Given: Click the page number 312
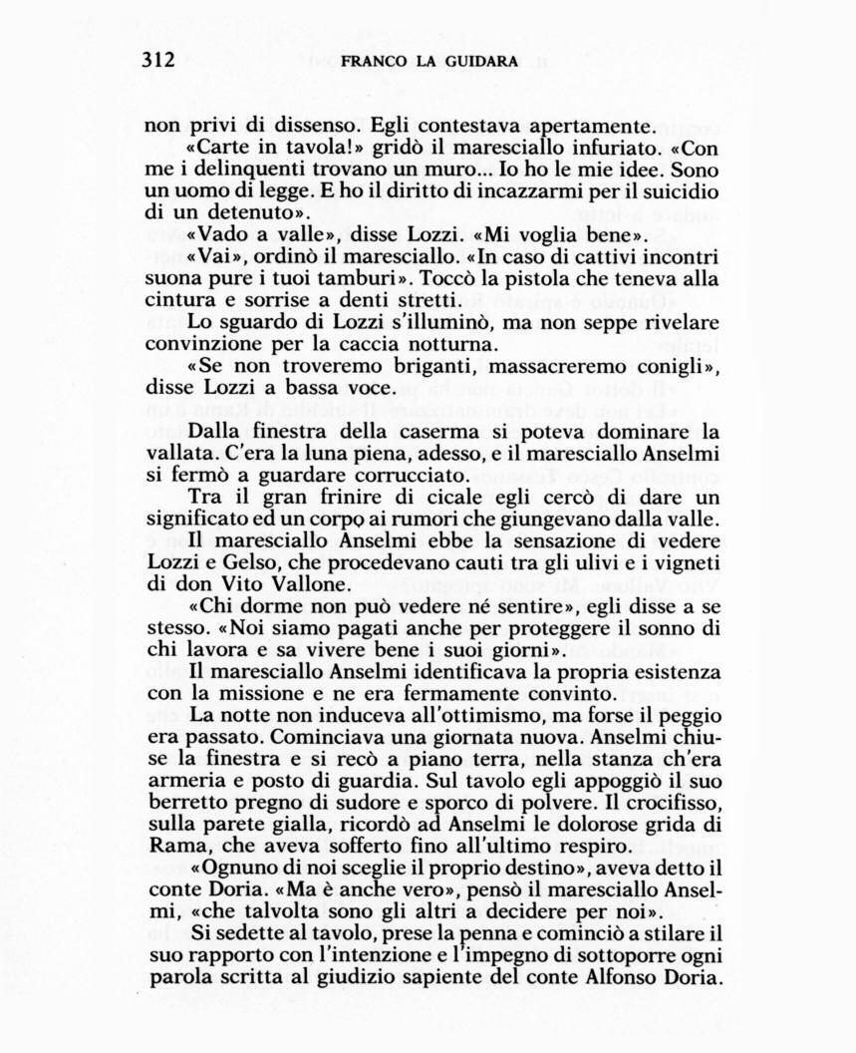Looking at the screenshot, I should click(x=157, y=60).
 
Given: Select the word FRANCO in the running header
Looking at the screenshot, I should click(x=373, y=61).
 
